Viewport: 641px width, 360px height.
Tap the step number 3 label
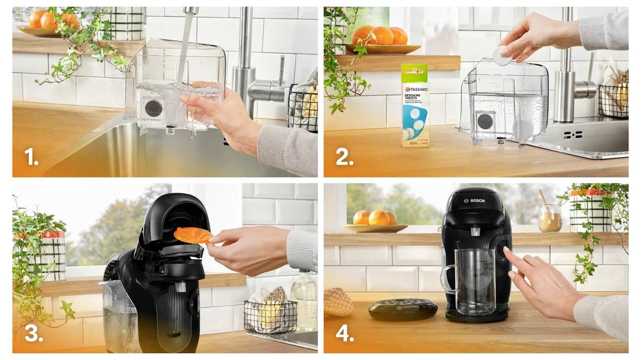pos(33,334)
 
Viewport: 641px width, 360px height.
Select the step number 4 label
pos(345,334)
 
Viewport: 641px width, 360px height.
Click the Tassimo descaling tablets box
pos(415,106)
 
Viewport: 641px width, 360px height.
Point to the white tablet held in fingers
pos(502,56)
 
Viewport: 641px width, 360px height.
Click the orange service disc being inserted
pos(193,236)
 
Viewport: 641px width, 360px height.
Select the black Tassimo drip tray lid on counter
pos(402,310)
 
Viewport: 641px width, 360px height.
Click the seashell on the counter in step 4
pos(338,302)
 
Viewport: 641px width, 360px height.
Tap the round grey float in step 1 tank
pos(153,109)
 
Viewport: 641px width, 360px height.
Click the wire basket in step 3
pos(270,315)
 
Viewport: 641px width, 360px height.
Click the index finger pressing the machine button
pos(509,254)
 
